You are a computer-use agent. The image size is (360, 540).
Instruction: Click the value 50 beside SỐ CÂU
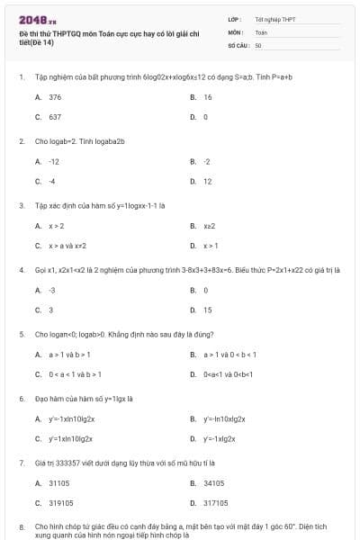(x=258, y=44)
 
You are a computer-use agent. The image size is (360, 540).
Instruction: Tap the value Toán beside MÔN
(x=261, y=31)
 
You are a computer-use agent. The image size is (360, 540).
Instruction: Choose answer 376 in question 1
(x=55, y=96)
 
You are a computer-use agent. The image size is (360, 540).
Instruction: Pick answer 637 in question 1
(x=55, y=117)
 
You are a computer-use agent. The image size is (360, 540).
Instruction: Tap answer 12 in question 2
(x=208, y=181)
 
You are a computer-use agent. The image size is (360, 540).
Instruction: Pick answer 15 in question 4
(x=208, y=310)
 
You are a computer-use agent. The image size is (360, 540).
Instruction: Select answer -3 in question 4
(x=51, y=290)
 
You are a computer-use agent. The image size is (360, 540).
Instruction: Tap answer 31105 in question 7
(x=59, y=482)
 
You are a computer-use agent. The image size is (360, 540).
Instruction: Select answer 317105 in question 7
(x=216, y=503)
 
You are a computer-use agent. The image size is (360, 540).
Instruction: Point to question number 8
(x=22, y=525)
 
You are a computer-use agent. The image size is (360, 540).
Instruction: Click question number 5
(x=22, y=334)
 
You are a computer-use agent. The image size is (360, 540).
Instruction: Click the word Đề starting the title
(x=23, y=33)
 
